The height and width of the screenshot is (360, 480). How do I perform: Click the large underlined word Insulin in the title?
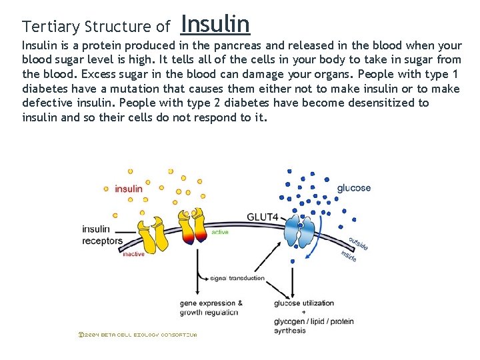pyautogui.click(x=215, y=24)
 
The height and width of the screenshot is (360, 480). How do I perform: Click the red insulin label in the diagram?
pyautogui.click(x=129, y=189)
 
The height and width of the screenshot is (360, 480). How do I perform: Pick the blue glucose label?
pyautogui.click(x=353, y=188)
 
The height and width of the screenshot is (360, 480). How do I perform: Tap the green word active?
pyautogui.click(x=219, y=233)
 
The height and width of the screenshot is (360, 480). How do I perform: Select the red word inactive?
pyautogui.click(x=133, y=254)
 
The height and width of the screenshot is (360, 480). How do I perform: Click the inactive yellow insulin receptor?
pyautogui.click(x=151, y=229)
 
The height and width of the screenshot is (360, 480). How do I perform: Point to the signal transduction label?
pyautogui.click(x=237, y=278)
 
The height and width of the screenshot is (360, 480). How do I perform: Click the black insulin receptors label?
pyautogui.click(x=102, y=235)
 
